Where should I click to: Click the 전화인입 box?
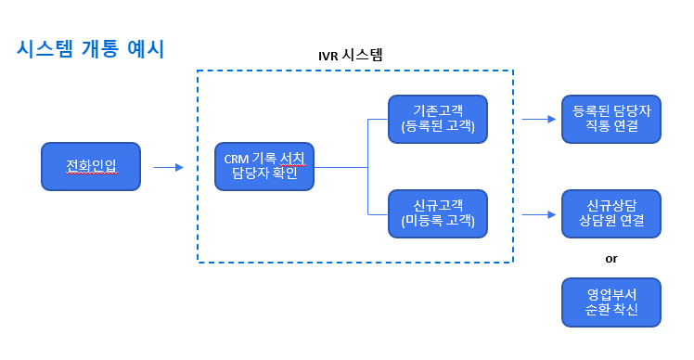[91, 167]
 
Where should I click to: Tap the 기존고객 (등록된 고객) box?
[438, 119]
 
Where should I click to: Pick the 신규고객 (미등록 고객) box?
[438, 213]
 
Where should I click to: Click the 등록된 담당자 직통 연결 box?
[611, 119]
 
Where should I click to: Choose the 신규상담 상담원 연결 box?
[611, 213]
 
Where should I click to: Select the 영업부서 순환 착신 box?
[611, 302]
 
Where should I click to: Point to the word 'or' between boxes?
[611, 258]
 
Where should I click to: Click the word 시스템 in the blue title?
[45, 49]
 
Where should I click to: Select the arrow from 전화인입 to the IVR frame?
[168, 168]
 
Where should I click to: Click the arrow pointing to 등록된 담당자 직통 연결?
[538, 119]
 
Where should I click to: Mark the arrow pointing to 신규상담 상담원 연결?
[538, 214]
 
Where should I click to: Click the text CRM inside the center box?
[238, 159]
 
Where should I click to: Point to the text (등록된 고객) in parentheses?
[438, 127]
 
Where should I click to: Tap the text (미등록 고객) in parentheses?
[438, 222]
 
